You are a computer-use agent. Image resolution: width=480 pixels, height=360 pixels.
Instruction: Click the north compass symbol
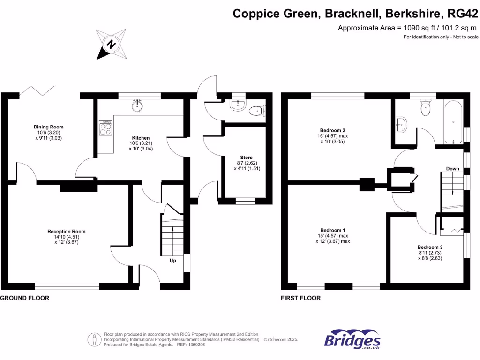(112, 44)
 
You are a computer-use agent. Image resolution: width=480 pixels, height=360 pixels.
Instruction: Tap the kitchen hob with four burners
(105, 128)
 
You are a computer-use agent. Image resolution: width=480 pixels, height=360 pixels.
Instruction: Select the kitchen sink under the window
(137, 105)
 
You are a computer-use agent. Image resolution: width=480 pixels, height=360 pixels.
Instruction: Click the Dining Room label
(48, 127)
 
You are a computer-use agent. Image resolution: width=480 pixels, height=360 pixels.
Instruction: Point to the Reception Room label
(66, 231)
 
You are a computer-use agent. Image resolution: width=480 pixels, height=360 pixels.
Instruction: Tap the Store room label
(246, 157)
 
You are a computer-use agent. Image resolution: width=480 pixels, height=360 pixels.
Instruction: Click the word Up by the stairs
(173, 260)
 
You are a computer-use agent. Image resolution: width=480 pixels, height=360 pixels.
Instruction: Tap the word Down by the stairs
(452, 168)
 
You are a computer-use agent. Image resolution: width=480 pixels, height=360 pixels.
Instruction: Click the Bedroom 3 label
(430, 247)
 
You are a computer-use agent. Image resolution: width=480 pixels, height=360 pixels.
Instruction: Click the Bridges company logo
(352, 341)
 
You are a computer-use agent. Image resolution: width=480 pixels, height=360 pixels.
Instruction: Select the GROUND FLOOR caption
(25, 298)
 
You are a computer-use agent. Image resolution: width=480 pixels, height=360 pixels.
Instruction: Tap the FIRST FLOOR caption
(300, 298)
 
